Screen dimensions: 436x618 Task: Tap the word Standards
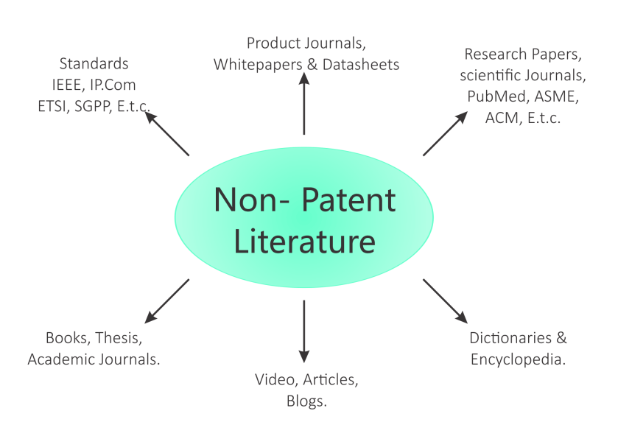coord(94,64)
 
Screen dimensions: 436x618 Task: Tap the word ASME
coord(555,96)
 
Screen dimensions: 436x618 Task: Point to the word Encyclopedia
coord(518,359)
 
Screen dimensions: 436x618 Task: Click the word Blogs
coord(306,401)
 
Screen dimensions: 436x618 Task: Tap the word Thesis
coord(118,338)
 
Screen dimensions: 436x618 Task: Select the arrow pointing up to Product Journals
coord(304,99)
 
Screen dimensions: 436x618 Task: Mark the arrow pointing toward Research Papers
coord(445,133)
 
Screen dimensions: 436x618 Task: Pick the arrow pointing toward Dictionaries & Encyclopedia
coord(445,300)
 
